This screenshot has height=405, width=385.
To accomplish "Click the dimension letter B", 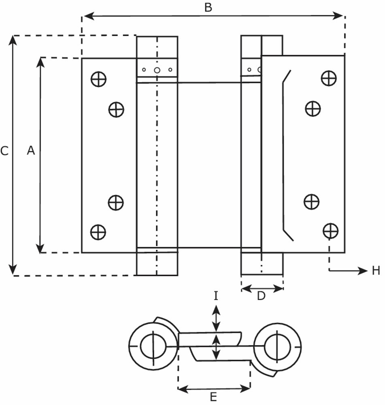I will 208,7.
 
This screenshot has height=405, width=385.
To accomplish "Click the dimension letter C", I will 4,151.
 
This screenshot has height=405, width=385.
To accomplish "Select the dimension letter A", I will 31,151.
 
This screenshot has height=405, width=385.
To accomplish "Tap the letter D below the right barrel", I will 261,296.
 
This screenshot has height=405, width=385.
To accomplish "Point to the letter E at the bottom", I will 214,396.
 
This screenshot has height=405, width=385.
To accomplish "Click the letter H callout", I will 376,271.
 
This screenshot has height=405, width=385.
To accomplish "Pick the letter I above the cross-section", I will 216,296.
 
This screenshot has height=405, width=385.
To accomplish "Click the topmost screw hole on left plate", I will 98,79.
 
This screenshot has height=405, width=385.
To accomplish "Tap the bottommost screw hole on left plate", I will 98,232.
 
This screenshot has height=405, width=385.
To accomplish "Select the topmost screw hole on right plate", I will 329,78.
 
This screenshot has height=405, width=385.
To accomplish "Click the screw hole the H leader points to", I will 330,230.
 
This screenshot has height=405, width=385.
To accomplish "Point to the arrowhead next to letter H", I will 362,271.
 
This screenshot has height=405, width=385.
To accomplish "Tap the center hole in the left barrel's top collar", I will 157,70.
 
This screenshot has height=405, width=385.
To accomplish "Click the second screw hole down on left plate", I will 116,109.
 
